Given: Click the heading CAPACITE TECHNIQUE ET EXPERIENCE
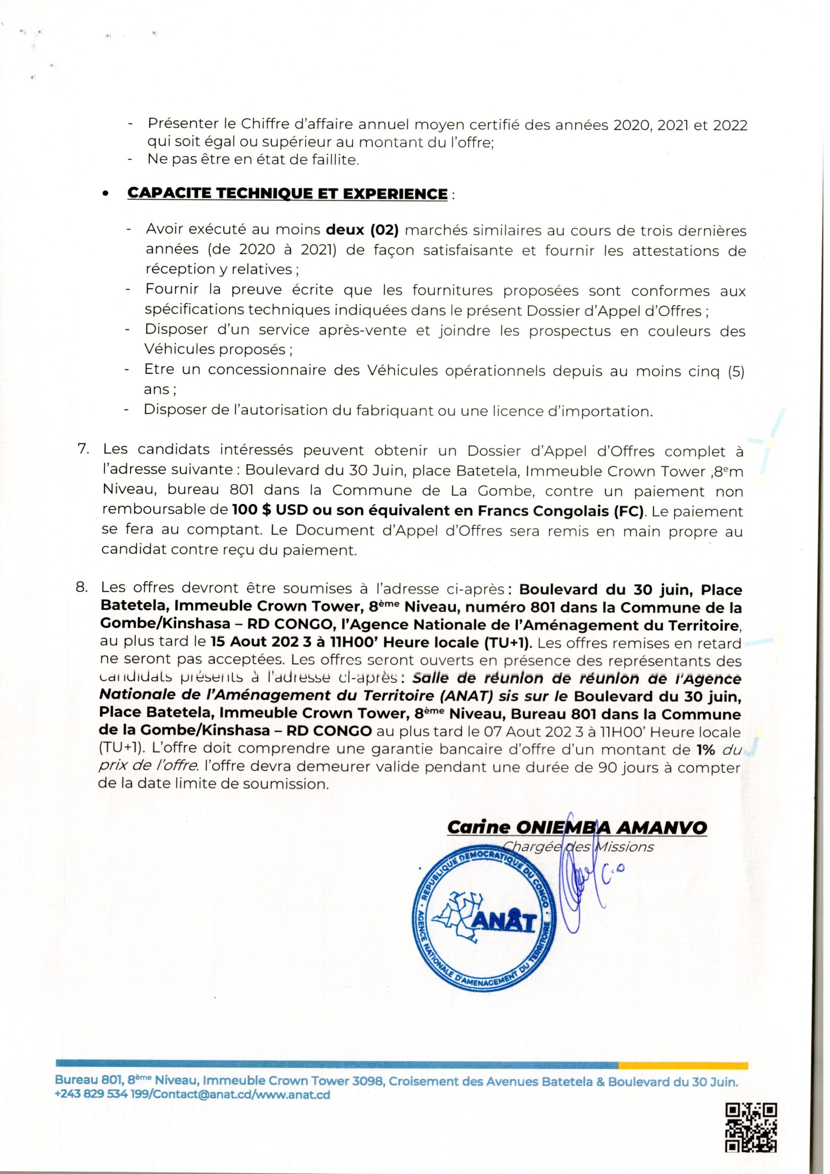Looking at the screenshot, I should coord(287,194).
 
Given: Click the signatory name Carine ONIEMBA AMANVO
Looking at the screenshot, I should coord(576,827).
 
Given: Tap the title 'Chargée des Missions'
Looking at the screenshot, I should coord(578,847).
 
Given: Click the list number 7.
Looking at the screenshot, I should coord(83,449).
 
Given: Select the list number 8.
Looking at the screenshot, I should coord(82,587).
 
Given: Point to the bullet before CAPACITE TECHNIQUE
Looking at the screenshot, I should coord(106,195).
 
